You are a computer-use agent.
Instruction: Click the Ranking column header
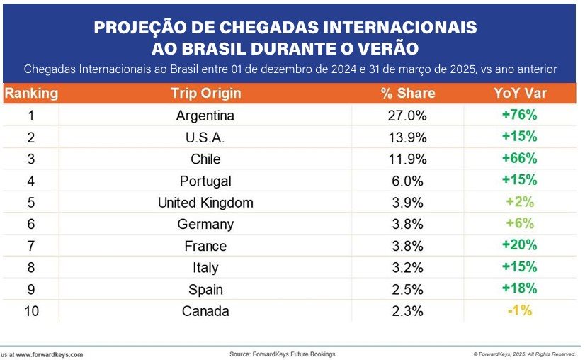(31, 93)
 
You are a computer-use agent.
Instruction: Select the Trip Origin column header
(205, 93)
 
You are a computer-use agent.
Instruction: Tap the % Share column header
(407, 93)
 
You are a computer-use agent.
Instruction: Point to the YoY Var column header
(521, 93)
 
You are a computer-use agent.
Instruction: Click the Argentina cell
(205, 116)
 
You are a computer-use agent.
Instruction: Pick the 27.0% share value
(407, 116)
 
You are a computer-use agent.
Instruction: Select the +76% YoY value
(521, 115)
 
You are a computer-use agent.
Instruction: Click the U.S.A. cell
(205, 137)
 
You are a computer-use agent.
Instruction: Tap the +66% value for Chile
(521, 158)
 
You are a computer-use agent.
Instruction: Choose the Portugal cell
(205, 181)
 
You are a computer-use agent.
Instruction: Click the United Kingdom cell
(205, 203)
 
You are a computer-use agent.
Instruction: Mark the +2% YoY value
(521, 202)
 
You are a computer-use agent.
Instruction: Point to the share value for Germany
(407, 225)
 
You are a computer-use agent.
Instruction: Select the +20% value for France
(521, 245)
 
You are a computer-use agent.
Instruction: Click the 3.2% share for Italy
(407, 268)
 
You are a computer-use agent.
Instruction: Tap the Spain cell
(205, 290)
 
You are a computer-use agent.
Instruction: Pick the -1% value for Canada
(519, 310)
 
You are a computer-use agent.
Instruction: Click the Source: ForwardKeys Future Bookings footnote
(282, 354)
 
